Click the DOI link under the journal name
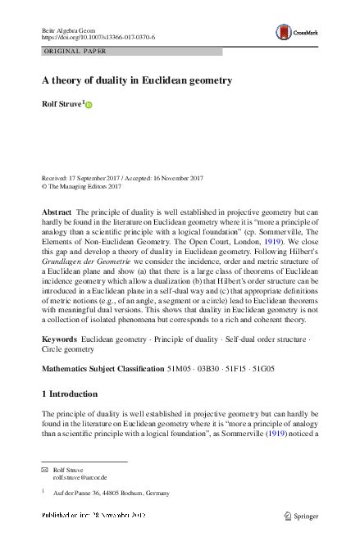(x=98, y=38)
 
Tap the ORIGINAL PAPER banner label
(x=76, y=52)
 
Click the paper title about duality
(x=137, y=80)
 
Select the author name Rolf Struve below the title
(x=60, y=104)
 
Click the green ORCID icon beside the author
(x=89, y=105)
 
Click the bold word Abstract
(x=57, y=212)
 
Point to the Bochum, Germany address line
(x=111, y=493)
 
